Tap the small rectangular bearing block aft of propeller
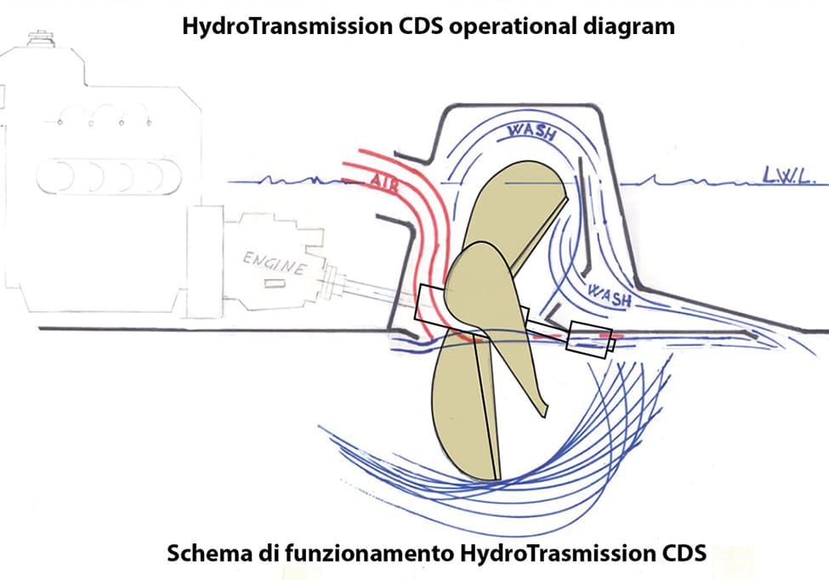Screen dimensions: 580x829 588,340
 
